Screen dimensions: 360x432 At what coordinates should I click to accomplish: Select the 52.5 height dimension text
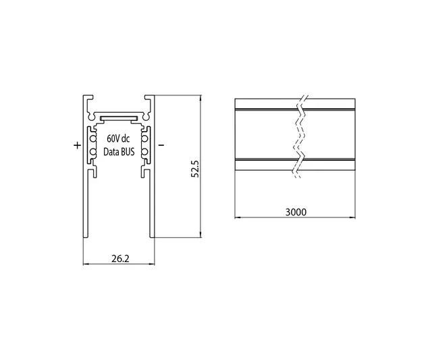coord(195,168)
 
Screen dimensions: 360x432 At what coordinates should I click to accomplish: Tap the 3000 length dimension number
coord(296,211)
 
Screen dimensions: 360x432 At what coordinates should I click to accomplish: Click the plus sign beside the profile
coord(76,145)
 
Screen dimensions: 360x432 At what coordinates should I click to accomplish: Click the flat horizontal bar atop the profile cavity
coord(118,118)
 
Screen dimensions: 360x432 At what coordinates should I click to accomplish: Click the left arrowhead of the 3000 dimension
coord(237,218)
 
